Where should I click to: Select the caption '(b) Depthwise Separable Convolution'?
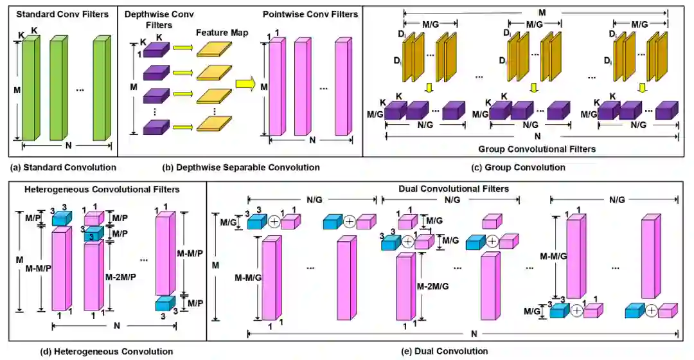coord(240,167)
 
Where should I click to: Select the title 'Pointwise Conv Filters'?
coord(310,14)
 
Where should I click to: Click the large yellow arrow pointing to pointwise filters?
coord(245,82)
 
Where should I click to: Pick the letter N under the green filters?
coord(62,147)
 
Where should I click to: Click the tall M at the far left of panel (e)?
coord(215,265)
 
